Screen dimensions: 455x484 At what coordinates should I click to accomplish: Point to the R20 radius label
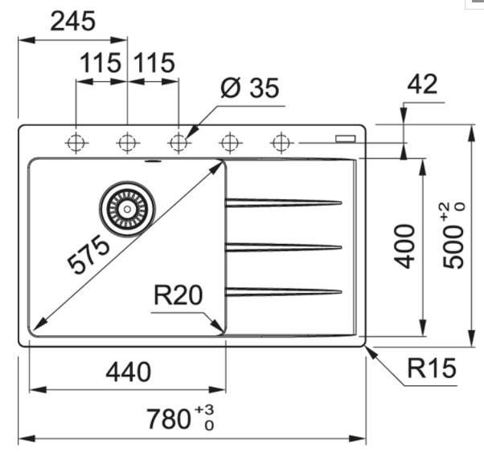[x=178, y=297]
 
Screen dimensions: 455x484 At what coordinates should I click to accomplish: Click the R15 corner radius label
[x=431, y=368]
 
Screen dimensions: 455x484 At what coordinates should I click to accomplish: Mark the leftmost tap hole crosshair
[x=76, y=144]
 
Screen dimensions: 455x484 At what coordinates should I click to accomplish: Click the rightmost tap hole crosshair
[x=280, y=144]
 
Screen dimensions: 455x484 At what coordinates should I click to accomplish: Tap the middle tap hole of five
[x=178, y=144]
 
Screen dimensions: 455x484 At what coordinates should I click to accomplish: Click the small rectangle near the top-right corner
[x=345, y=137]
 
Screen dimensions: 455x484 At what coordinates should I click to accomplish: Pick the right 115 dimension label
[x=154, y=63]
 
